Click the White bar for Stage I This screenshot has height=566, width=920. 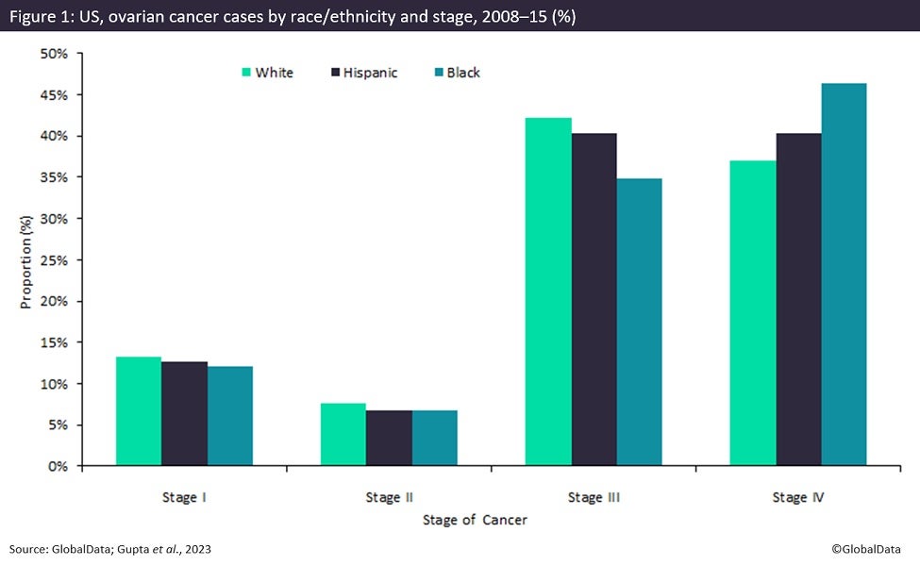(139, 411)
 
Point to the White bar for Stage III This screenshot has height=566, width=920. (548, 291)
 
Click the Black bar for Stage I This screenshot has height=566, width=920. (230, 416)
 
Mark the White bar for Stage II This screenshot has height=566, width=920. (343, 434)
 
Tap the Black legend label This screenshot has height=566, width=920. (463, 73)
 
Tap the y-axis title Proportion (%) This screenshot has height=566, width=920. (26, 259)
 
